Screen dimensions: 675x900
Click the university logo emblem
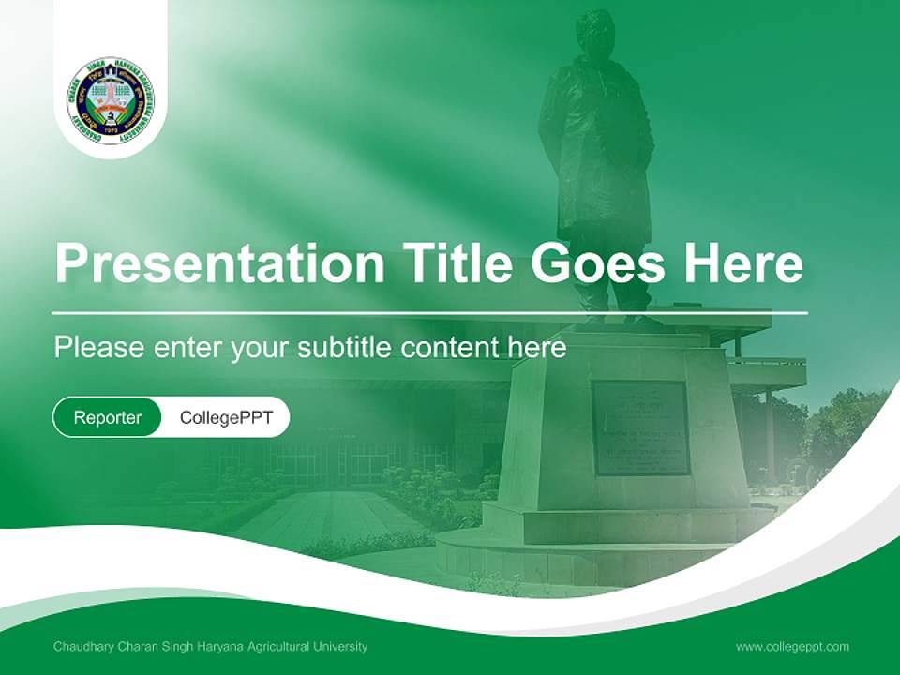[x=111, y=99]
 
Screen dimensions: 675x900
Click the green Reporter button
[x=107, y=417]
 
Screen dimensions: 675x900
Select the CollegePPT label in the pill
[x=225, y=417]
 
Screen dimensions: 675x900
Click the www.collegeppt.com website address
[x=792, y=646]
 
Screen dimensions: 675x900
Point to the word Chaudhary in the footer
[x=82, y=646]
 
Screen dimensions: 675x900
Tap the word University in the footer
[x=338, y=646]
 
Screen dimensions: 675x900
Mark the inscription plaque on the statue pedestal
[x=640, y=427]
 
